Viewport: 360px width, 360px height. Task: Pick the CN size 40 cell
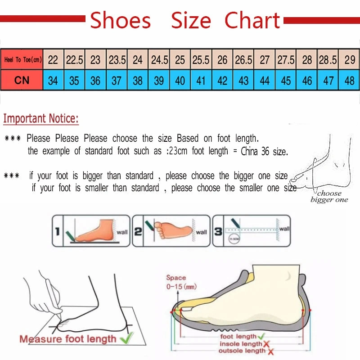pos(180,81)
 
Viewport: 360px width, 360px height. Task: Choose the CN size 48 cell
pos(350,81)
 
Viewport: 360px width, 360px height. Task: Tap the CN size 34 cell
pos(53,81)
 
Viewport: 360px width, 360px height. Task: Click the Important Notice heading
pos(41,119)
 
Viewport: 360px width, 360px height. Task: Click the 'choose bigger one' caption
pos(329,197)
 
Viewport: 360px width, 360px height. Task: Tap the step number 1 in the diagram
pos(57,232)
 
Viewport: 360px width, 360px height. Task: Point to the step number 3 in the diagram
pos(218,232)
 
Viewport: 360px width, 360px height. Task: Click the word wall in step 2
pos(202,232)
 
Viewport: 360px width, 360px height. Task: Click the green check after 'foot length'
pos(261,336)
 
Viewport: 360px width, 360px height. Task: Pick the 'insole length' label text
pos(241,344)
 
